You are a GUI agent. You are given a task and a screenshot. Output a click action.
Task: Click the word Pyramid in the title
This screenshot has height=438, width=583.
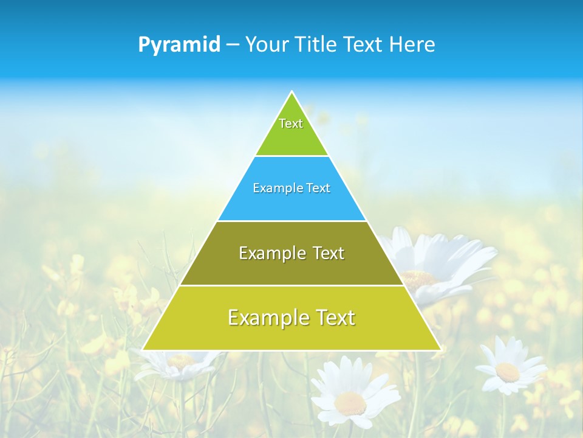click(179, 45)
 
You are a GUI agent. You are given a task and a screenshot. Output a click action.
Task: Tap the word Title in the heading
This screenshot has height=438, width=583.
click(318, 45)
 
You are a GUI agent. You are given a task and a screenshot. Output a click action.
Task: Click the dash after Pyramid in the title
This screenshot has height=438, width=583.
click(233, 45)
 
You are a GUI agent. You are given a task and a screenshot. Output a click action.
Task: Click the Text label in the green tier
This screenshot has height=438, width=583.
click(291, 123)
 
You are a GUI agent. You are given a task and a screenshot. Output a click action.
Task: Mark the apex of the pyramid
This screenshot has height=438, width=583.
click(291, 92)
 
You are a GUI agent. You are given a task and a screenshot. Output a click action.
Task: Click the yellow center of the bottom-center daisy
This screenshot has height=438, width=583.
click(350, 401)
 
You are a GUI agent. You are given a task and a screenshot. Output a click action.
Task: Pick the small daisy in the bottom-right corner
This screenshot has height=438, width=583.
click(509, 368)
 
